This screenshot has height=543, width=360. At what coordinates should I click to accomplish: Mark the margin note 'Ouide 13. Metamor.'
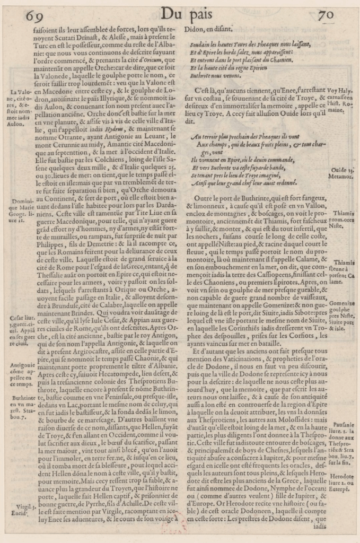[x=343, y=173]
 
